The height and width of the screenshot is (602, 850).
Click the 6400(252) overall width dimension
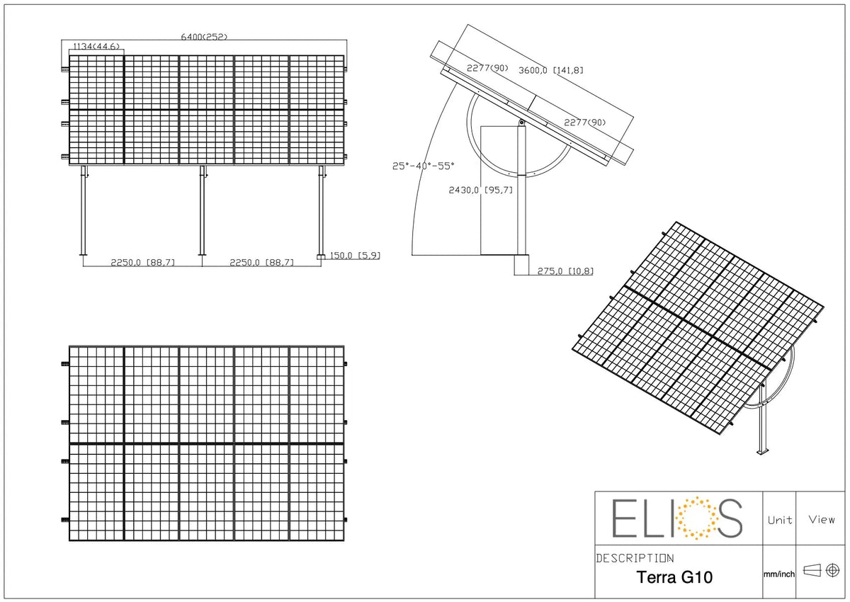coord(204,37)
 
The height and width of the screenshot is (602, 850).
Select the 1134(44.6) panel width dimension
coord(96,46)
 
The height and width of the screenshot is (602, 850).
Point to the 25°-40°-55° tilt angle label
coord(423,166)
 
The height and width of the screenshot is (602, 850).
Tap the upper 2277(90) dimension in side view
coord(487,68)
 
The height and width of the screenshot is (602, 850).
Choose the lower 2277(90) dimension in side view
coord(585,122)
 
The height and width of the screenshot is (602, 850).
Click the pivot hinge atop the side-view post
coord(522,122)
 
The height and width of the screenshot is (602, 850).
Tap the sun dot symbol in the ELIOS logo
coord(696,518)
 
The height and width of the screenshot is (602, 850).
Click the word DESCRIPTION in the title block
coord(635,558)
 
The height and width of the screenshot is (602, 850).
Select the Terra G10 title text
coord(674,577)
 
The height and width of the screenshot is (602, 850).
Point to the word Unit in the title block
coord(780,520)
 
